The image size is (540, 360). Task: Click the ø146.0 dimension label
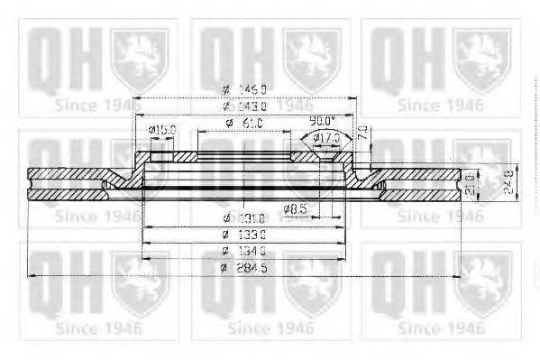[x=244, y=88]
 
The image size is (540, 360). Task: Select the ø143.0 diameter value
[x=244, y=106]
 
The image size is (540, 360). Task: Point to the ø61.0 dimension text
[x=244, y=123]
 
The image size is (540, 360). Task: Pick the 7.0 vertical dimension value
[x=362, y=132]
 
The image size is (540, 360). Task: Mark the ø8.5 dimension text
[x=295, y=210]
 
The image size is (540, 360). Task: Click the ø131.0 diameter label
[x=244, y=217]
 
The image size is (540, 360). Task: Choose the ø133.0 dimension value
[x=244, y=233]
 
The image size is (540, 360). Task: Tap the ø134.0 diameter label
[x=244, y=250]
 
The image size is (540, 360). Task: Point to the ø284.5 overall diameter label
[x=244, y=267]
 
